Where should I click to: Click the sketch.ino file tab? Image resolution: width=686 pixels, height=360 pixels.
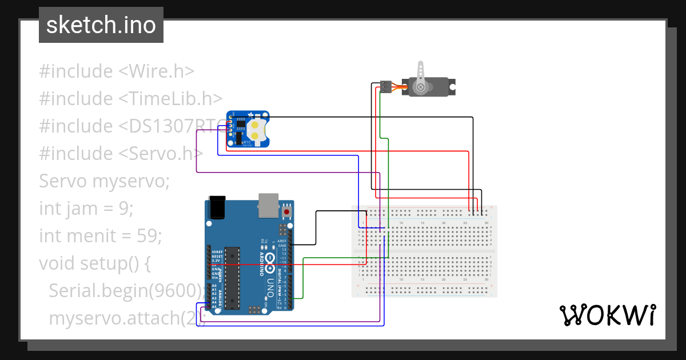[101, 25]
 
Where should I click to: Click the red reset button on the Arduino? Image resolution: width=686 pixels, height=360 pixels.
[286, 213]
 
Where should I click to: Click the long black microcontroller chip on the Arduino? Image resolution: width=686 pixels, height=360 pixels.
[232, 278]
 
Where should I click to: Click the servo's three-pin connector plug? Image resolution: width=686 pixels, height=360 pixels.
[386, 87]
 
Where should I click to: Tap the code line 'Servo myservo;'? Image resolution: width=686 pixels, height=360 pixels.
[105, 181]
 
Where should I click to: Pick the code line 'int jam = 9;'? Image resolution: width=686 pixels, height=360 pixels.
[86, 208]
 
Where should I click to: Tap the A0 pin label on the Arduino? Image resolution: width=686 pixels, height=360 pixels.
[214, 285]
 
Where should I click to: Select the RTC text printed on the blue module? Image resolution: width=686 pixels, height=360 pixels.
[247, 142]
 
